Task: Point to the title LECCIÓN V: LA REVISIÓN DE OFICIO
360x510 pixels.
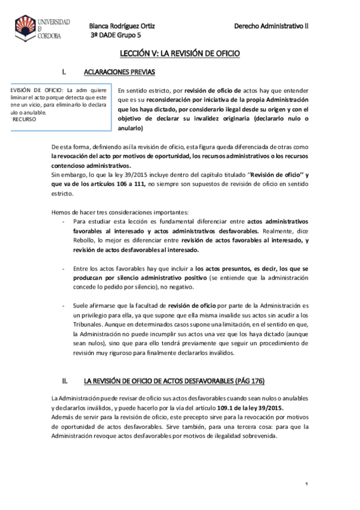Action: coord(180,54)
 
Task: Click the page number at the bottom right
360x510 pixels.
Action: coord(306,484)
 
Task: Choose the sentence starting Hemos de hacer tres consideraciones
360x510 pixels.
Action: coord(121,212)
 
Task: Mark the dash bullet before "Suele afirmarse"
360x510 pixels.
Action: coord(64,306)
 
